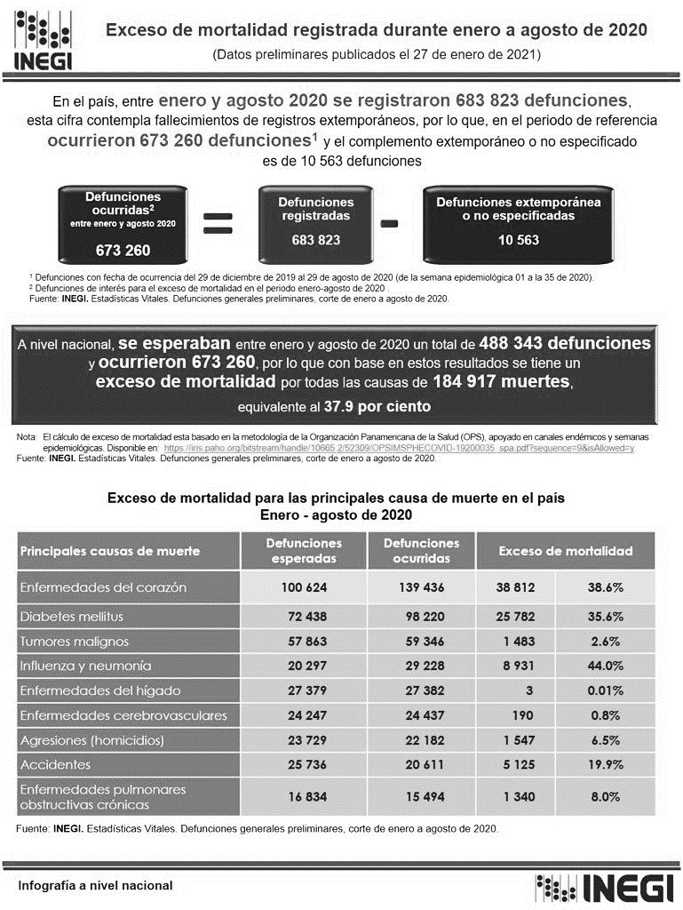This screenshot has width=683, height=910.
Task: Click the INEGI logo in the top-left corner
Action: pyautogui.click(x=44, y=41)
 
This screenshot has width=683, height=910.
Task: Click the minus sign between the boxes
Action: pyautogui.click(x=388, y=224)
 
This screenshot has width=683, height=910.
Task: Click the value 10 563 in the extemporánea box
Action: pyautogui.click(x=518, y=240)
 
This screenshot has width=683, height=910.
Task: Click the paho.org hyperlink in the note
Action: pyautogui.click(x=400, y=449)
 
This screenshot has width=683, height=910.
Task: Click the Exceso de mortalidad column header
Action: pyautogui.click(x=566, y=551)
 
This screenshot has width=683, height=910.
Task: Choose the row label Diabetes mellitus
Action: pyautogui.click(x=72, y=616)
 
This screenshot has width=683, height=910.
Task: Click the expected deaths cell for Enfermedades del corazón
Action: pyautogui.click(x=305, y=588)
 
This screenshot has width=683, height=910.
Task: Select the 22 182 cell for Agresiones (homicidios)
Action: pyautogui.click(x=417, y=740)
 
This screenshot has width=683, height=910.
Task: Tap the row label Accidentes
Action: pyautogui.click(x=54, y=764)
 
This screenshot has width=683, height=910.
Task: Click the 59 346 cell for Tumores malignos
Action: pyautogui.click(x=417, y=641)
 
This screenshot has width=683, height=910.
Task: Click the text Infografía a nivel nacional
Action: pyautogui.click(x=96, y=886)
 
